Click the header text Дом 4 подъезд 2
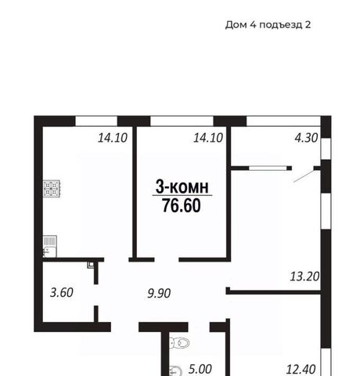tap(268, 25)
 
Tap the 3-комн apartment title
tap(182, 186)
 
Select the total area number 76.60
tap(182, 205)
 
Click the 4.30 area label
tap(306, 138)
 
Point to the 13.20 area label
tap(304, 277)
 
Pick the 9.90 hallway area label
tap(159, 293)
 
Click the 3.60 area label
tap(62, 292)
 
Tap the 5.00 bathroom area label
tap(200, 369)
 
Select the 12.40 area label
tap(301, 370)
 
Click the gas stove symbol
tap(52, 189)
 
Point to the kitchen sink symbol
tap(49, 247)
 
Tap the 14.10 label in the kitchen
tap(113, 138)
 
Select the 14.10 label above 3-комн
tap(208, 138)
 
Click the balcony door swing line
tap(304, 175)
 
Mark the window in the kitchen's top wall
tap(96, 121)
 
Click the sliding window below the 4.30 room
tap(268, 168)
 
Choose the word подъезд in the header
tap(280, 25)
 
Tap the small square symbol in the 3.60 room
tap(91, 265)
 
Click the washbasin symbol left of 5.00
tap(175, 371)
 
